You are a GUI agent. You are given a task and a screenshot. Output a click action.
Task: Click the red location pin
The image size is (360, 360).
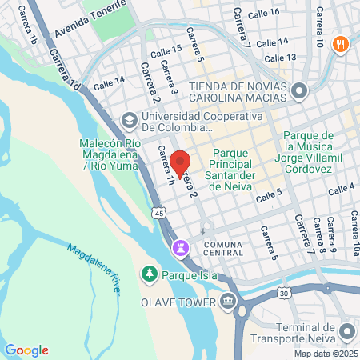click(182, 162)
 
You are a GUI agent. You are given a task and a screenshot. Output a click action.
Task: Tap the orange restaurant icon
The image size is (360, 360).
click(341, 43)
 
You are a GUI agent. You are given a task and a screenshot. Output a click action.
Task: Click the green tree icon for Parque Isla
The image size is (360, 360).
click(149, 274)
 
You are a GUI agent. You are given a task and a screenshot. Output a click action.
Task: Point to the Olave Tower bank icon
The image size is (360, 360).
click(229, 303)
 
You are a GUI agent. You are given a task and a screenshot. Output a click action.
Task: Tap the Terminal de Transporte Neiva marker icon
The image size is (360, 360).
click(346, 330)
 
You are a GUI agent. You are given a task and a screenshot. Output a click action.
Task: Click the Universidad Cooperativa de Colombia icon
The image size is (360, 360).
click(128, 121)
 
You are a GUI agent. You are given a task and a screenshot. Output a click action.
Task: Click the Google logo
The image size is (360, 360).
click(26, 350)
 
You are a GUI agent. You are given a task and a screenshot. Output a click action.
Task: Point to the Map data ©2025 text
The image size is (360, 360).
click(325, 354)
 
